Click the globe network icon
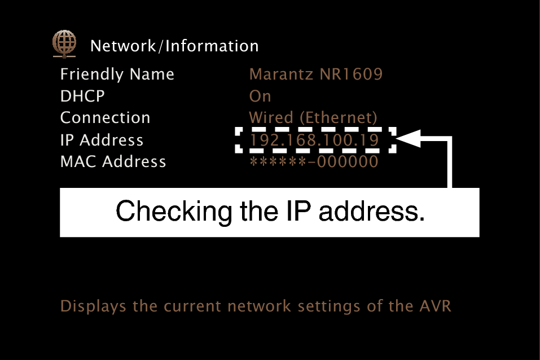(64, 44)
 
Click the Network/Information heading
(174, 46)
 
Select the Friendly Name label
(117, 74)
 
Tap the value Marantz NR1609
(315, 74)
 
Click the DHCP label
(82, 96)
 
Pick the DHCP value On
(260, 96)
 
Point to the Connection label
(105, 118)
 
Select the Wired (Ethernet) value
(313, 118)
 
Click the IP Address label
(102, 140)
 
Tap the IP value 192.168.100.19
(314, 140)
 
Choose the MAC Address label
(113, 162)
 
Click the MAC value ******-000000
(313, 162)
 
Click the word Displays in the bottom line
(93, 306)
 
